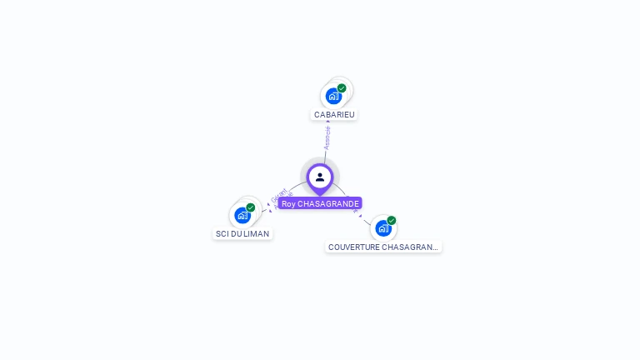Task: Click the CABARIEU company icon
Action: pyautogui.click(x=334, y=95)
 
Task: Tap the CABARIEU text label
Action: pyautogui.click(x=334, y=114)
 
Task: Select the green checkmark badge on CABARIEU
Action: pyautogui.click(x=342, y=88)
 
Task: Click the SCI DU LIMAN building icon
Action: pyautogui.click(x=242, y=215)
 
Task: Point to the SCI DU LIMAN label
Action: pyautogui.click(x=242, y=234)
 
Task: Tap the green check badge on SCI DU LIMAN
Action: pyautogui.click(x=250, y=207)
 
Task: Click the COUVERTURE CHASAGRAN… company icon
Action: pyautogui.click(x=383, y=227)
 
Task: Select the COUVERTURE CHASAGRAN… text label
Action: pyautogui.click(x=383, y=247)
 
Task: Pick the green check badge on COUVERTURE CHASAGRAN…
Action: pyautogui.click(x=391, y=221)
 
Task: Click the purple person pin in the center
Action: pyautogui.click(x=320, y=178)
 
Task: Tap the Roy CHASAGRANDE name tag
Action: pyautogui.click(x=320, y=203)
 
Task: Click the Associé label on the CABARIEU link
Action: pyautogui.click(x=327, y=138)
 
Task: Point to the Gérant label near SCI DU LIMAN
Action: pyautogui.click(x=279, y=197)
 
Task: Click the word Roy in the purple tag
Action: pyautogui.click(x=288, y=203)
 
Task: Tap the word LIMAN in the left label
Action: pyautogui.click(x=257, y=234)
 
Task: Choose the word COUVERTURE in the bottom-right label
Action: pyautogui.click(x=353, y=247)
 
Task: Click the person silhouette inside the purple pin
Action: pyautogui.click(x=320, y=177)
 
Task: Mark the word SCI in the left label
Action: pyautogui.click(x=222, y=234)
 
